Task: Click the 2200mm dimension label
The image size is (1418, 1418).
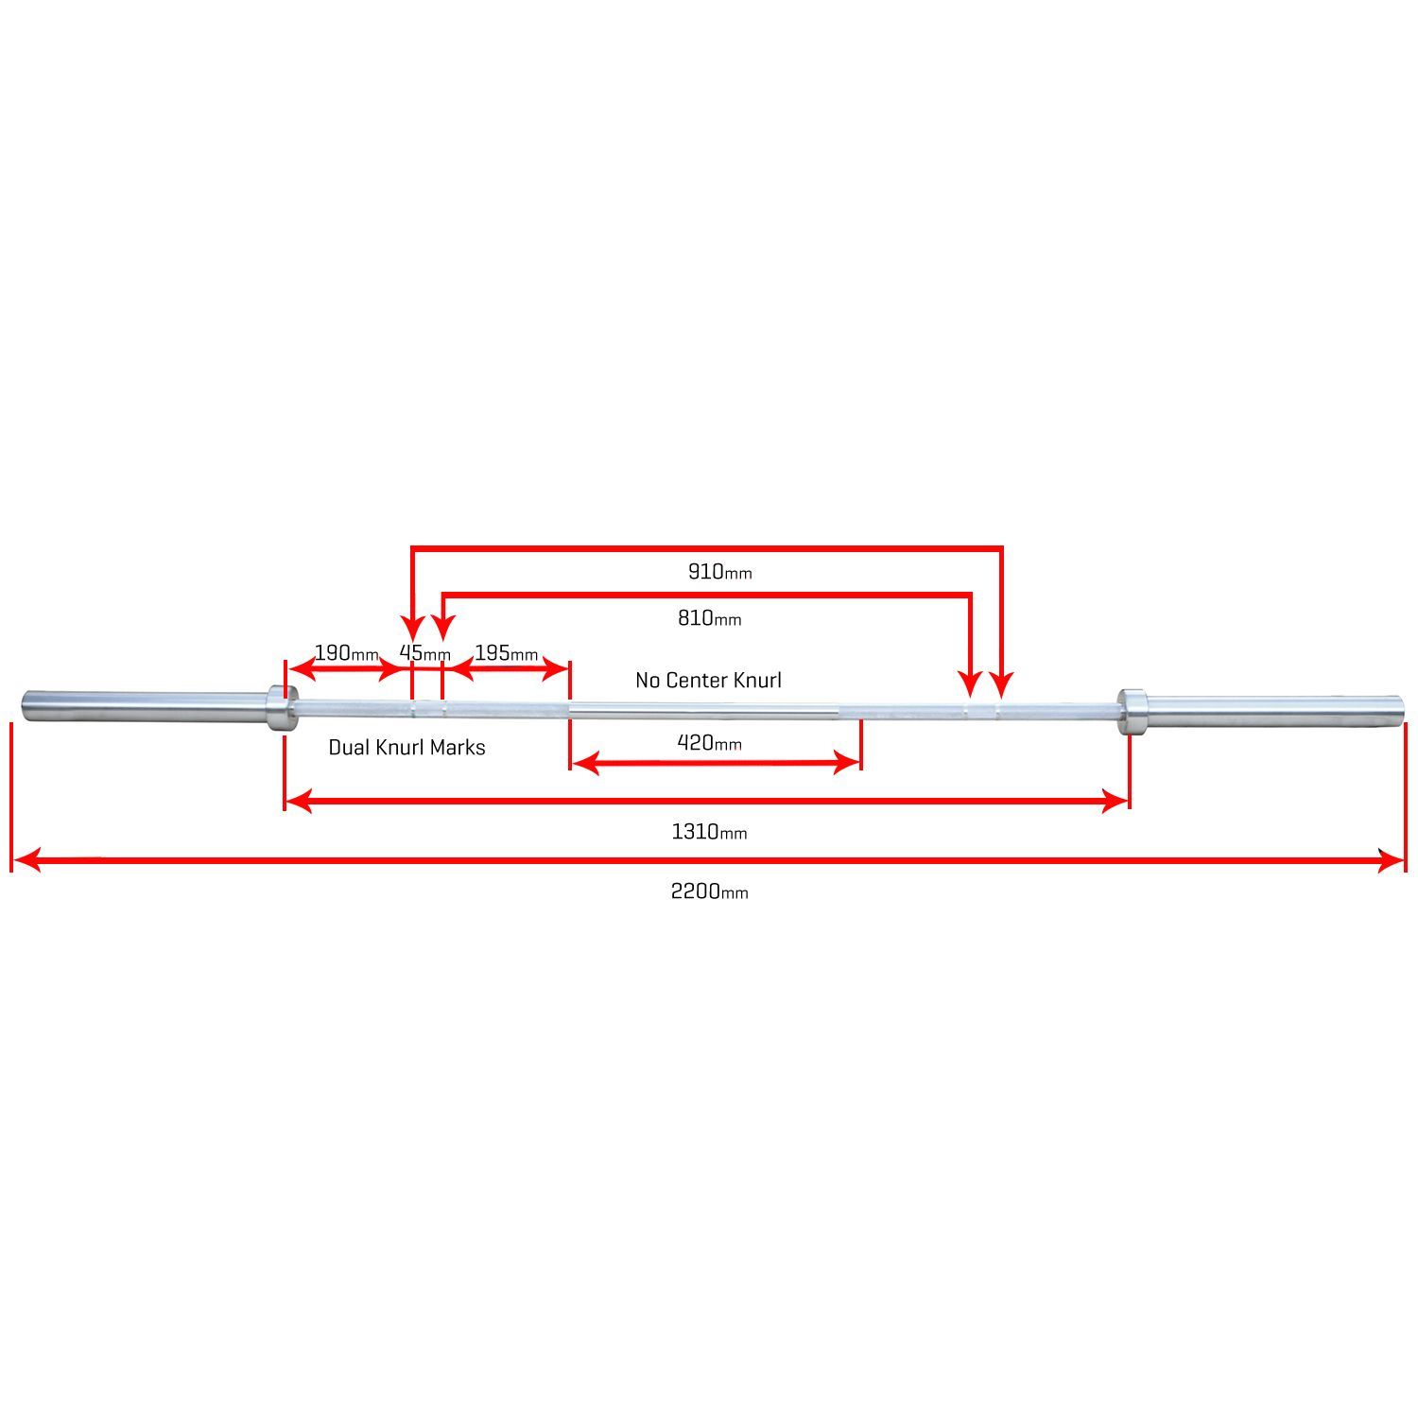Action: [709, 891]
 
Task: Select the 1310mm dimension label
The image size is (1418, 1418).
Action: [709, 832]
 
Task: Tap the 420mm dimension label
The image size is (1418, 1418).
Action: [709, 743]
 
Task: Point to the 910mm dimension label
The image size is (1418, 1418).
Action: [719, 572]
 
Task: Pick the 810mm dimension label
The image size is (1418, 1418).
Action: [709, 619]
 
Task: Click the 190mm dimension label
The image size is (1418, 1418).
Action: [346, 653]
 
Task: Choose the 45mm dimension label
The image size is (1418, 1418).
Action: [424, 653]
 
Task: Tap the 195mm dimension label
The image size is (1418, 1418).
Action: [506, 653]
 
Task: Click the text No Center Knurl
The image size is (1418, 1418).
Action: [708, 681]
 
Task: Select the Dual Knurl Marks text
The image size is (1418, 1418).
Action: [406, 748]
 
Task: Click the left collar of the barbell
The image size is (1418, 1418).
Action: [278, 707]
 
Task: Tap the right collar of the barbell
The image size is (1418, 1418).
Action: [1132, 711]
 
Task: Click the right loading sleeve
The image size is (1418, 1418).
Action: [1271, 711]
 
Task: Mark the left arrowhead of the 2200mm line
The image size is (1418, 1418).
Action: [25, 860]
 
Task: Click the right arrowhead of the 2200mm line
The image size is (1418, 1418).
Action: [1393, 860]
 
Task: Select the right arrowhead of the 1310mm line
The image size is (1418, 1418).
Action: [1116, 803]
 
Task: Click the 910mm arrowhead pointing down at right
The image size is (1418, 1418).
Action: [1002, 683]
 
